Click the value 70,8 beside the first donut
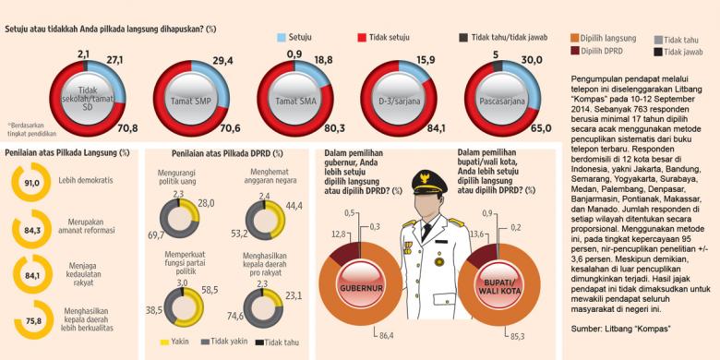126,127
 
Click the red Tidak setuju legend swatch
364,38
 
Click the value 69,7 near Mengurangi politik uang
157,237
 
